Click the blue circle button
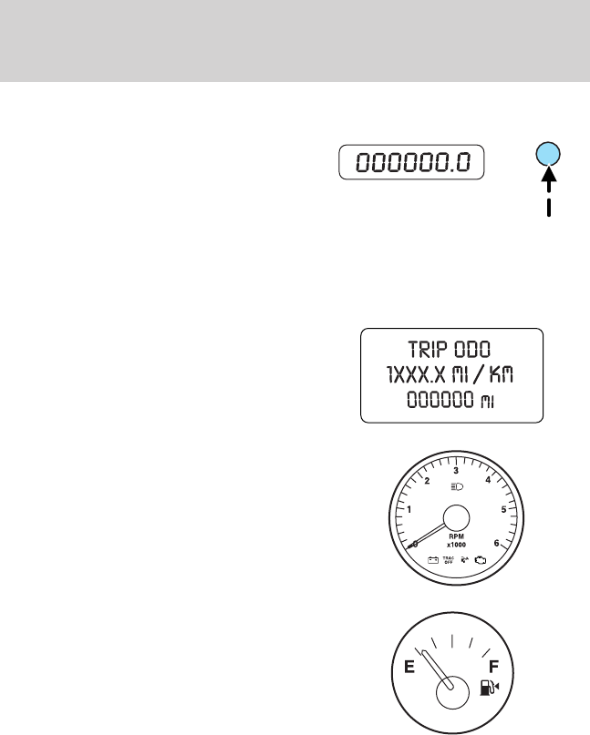[550, 154]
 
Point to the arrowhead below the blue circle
[550, 179]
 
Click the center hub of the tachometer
[456, 519]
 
